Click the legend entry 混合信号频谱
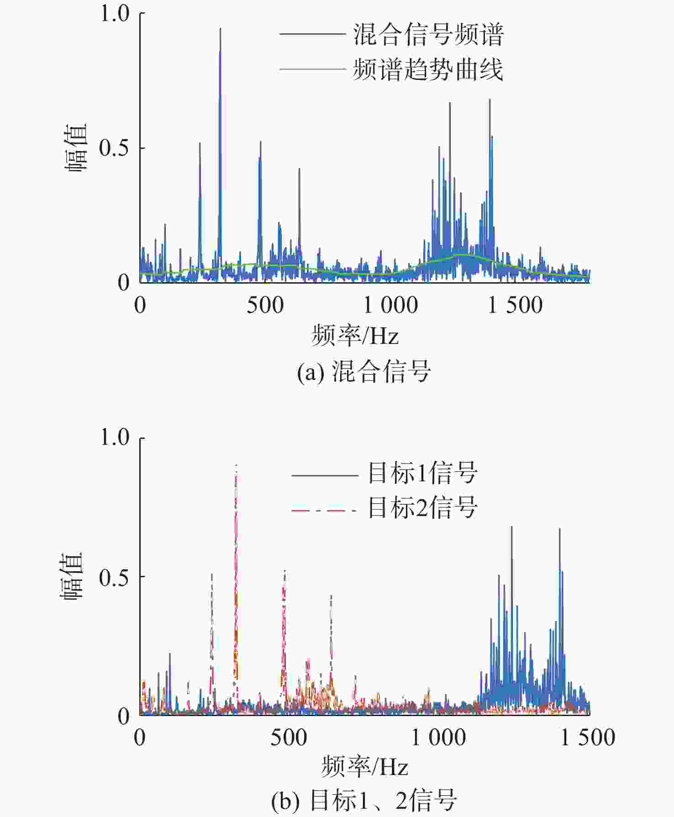(428, 34)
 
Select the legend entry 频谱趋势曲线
(428, 69)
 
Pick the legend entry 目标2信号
(422, 507)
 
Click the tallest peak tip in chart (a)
(220, 29)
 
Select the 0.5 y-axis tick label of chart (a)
(115, 148)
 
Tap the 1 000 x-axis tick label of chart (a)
(390, 305)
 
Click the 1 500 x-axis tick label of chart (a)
(515, 305)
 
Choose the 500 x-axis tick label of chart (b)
(289, 738)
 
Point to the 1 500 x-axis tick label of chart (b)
(588, 738)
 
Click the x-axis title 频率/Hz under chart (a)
(355, 336)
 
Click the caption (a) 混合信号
(364, 371)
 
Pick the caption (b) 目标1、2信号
(364, 800)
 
